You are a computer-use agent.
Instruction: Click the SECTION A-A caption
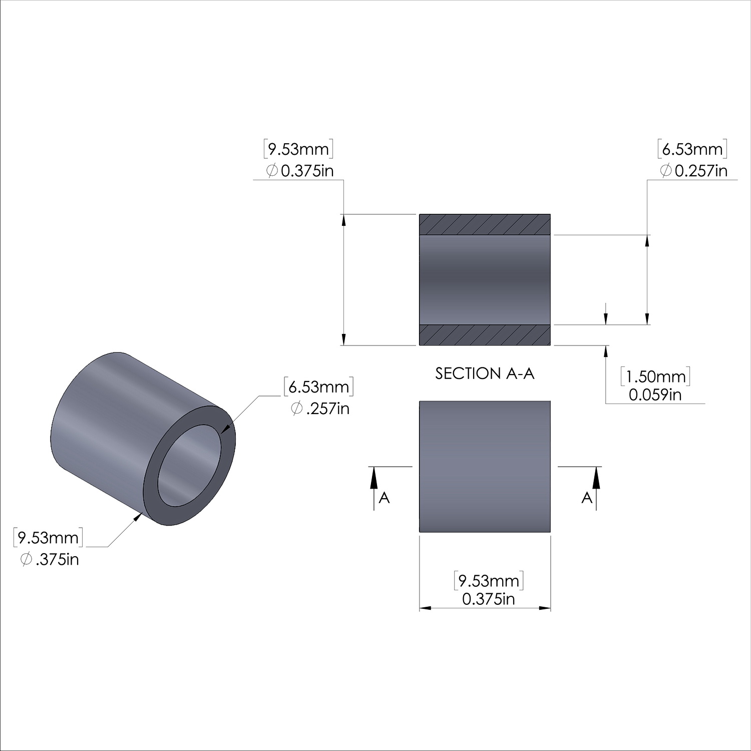485,373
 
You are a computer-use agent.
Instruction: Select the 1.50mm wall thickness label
655,377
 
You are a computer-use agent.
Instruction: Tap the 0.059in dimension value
655,395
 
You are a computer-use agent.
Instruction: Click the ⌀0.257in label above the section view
693,171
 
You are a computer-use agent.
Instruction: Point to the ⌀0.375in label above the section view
299,171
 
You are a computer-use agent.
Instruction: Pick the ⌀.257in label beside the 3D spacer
320,409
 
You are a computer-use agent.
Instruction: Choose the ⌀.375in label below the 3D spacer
50,559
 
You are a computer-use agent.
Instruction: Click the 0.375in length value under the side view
489,599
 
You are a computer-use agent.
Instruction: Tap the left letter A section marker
384,498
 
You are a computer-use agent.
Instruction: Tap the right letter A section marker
587,498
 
